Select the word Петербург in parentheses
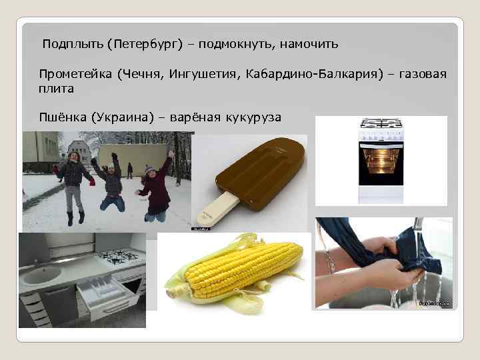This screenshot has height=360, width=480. (142, 45)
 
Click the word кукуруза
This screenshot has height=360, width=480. (253, 117)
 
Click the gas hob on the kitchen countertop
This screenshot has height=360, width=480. (118, 255)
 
